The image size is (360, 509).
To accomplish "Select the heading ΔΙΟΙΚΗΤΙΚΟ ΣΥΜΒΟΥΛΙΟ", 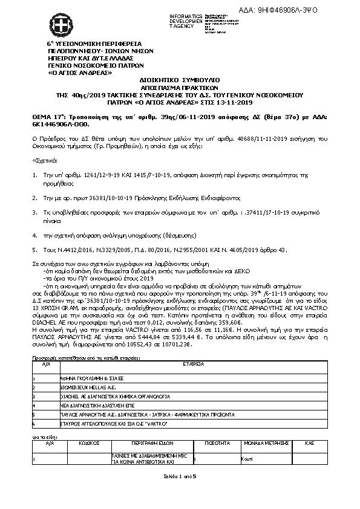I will [179, 79].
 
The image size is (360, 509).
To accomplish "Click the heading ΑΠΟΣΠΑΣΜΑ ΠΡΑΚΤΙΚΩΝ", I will [179, 87].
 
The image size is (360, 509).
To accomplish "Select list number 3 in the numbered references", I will [34, 212].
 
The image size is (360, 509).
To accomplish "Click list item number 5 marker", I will [34, 249].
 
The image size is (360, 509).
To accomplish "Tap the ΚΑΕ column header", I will [309, 443].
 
